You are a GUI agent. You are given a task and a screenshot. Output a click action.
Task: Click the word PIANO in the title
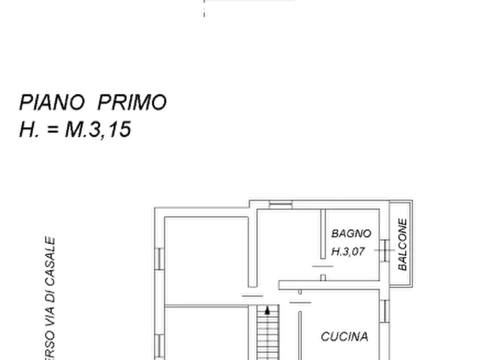coord(53,102)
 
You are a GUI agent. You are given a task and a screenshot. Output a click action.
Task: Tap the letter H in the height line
coord(25,131)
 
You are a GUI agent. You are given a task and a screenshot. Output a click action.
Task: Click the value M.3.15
coord(98,131)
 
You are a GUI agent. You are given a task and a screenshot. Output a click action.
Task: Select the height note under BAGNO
coord(348,250)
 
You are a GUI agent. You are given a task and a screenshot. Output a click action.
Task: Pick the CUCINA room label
coord(346,337)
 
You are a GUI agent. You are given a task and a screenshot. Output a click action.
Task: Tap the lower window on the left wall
coord(160,346)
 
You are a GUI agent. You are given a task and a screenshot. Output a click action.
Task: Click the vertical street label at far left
coord(49,296)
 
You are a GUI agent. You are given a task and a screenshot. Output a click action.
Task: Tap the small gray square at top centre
coord(204,12)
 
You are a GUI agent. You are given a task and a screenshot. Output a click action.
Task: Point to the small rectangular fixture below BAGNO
coord(321,264)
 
